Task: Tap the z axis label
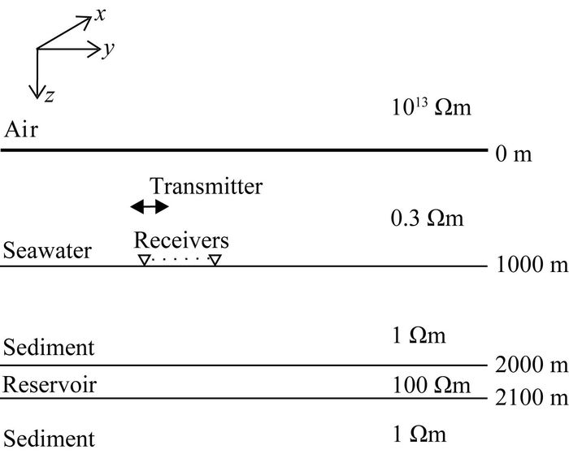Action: tap(50, 97)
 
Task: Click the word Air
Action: tap(21, 130)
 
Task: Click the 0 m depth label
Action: tap(513, 153)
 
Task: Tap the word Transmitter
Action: tap(206, 186)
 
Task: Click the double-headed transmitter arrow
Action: tap(150, 207)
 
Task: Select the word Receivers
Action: tap(181, 240)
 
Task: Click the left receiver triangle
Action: tap(143, 260)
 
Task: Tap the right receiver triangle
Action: tap(214, 260)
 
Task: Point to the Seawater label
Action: tap(47, 250)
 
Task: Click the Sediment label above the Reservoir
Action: tap(49, 348)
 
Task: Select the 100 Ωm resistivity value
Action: tap(431, 383)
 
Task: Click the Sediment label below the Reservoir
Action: tap(49, 439)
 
